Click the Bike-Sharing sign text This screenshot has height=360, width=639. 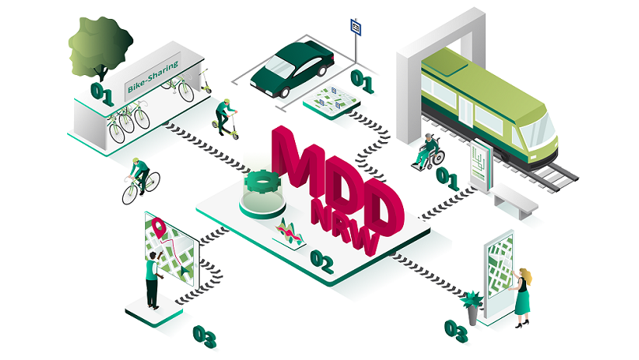[x=153, y=77]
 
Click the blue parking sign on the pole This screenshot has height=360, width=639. [x=357, y=28]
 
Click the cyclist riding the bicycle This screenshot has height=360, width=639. [x=140, y=178]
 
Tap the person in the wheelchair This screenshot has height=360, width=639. [x=429, y=150]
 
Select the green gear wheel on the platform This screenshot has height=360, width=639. [x=261, y=186]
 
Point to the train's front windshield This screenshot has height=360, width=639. [x=540, y=126]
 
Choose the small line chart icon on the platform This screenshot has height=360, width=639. [x=288, y=233]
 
